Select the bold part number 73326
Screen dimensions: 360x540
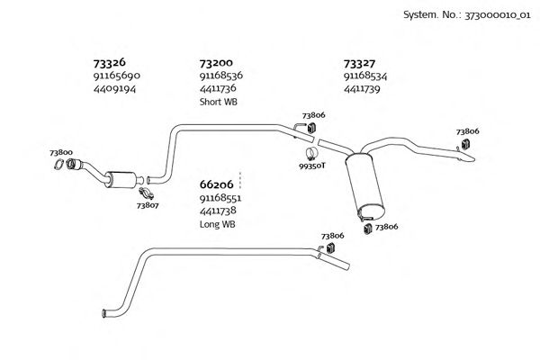pyautogui.click(x=110, y=64)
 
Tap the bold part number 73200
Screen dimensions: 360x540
pyautogui.click(x=217, y=64)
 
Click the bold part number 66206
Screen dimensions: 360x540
pyautogui.click(x=217, y=184)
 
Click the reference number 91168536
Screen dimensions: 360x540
pyautogui.click(x=224, y=76)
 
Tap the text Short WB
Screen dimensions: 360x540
pyautogui.click(x=218, y=102)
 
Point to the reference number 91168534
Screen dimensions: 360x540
pyautogui.click(x=368, y=76)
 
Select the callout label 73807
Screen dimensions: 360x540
pyautogui.click(x=148, y=205)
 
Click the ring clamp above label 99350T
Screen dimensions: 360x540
pyautogui.click(x=310, y=153)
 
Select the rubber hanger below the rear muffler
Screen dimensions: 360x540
pyautogui.click(x=367, y=229)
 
